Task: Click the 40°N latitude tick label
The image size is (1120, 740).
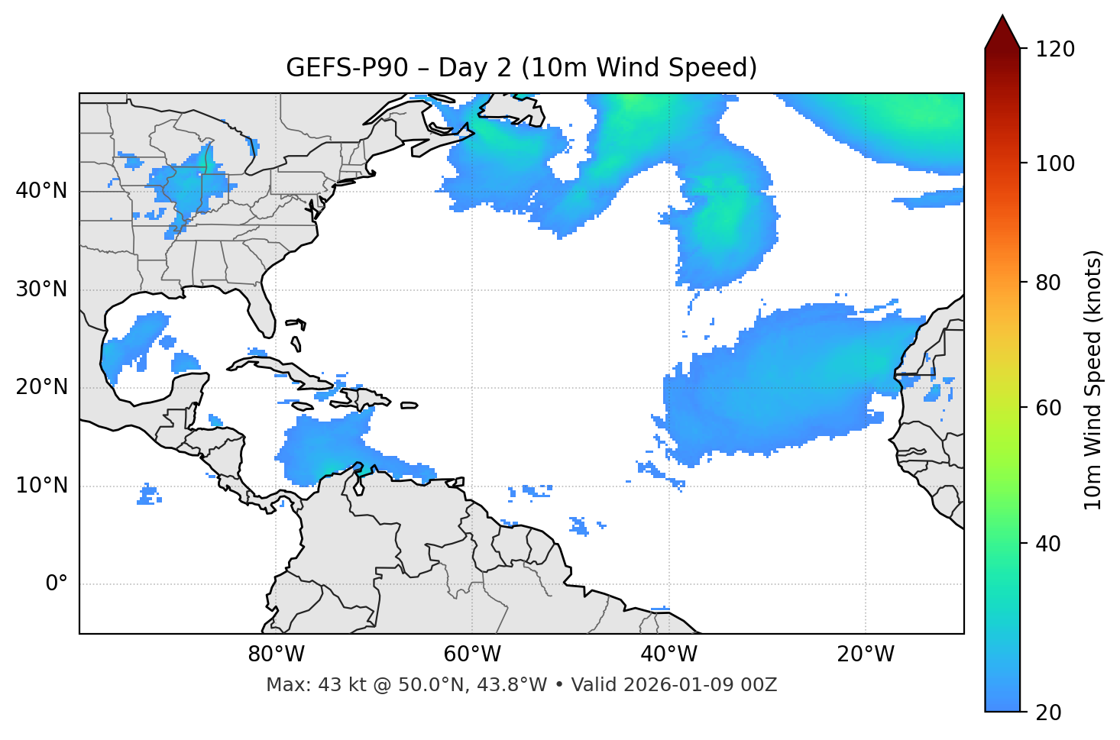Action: click(41, 191)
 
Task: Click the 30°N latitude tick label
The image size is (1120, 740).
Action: click(41, 289)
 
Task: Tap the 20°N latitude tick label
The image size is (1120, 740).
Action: click(41, 387)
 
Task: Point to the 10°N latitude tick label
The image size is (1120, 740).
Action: click(41, 486)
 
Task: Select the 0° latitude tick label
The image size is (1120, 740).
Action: click(57, 584)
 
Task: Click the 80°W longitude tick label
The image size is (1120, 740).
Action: click(276, 654)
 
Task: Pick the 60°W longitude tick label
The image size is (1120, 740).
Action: click(472, 654)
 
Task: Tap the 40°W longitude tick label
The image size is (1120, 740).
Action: click(668, 654)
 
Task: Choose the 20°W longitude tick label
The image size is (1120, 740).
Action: click(865, 654)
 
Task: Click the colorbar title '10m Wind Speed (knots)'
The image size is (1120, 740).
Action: click(1093, 380)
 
